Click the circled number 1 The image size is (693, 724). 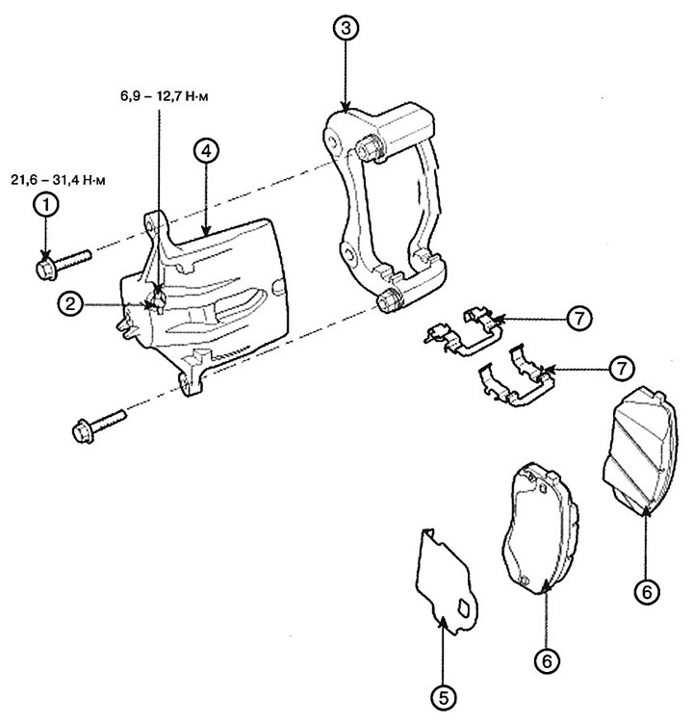44,204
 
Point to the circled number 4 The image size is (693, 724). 207,151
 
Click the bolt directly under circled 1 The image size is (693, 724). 61,263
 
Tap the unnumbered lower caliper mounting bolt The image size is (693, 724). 97,425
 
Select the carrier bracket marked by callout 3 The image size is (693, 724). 385,202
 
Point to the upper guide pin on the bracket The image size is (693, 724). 370,150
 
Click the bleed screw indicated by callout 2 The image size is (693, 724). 154,301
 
